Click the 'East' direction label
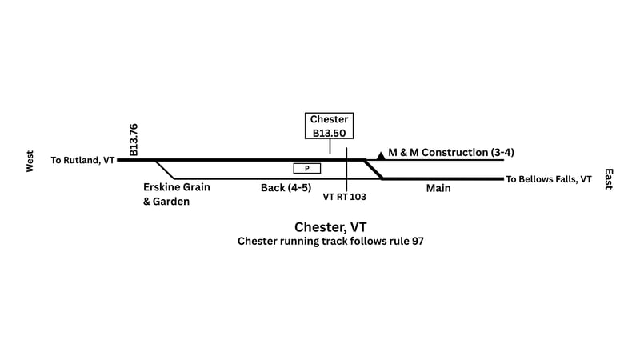point(609,178)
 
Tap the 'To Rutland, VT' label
point(82,161)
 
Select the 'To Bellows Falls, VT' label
point(549,179)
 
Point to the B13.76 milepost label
point(134,139)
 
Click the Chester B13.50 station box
point(330,126)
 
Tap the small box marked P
point(307,168)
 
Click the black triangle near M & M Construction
point(381,155)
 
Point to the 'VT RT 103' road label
point(346,196)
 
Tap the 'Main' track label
point(438,189)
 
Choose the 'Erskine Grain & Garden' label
point(176,194)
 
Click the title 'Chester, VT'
point(330,226)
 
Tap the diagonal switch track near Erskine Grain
point(165,170)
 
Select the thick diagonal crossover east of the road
point(373,170)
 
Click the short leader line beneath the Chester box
point(330,146)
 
